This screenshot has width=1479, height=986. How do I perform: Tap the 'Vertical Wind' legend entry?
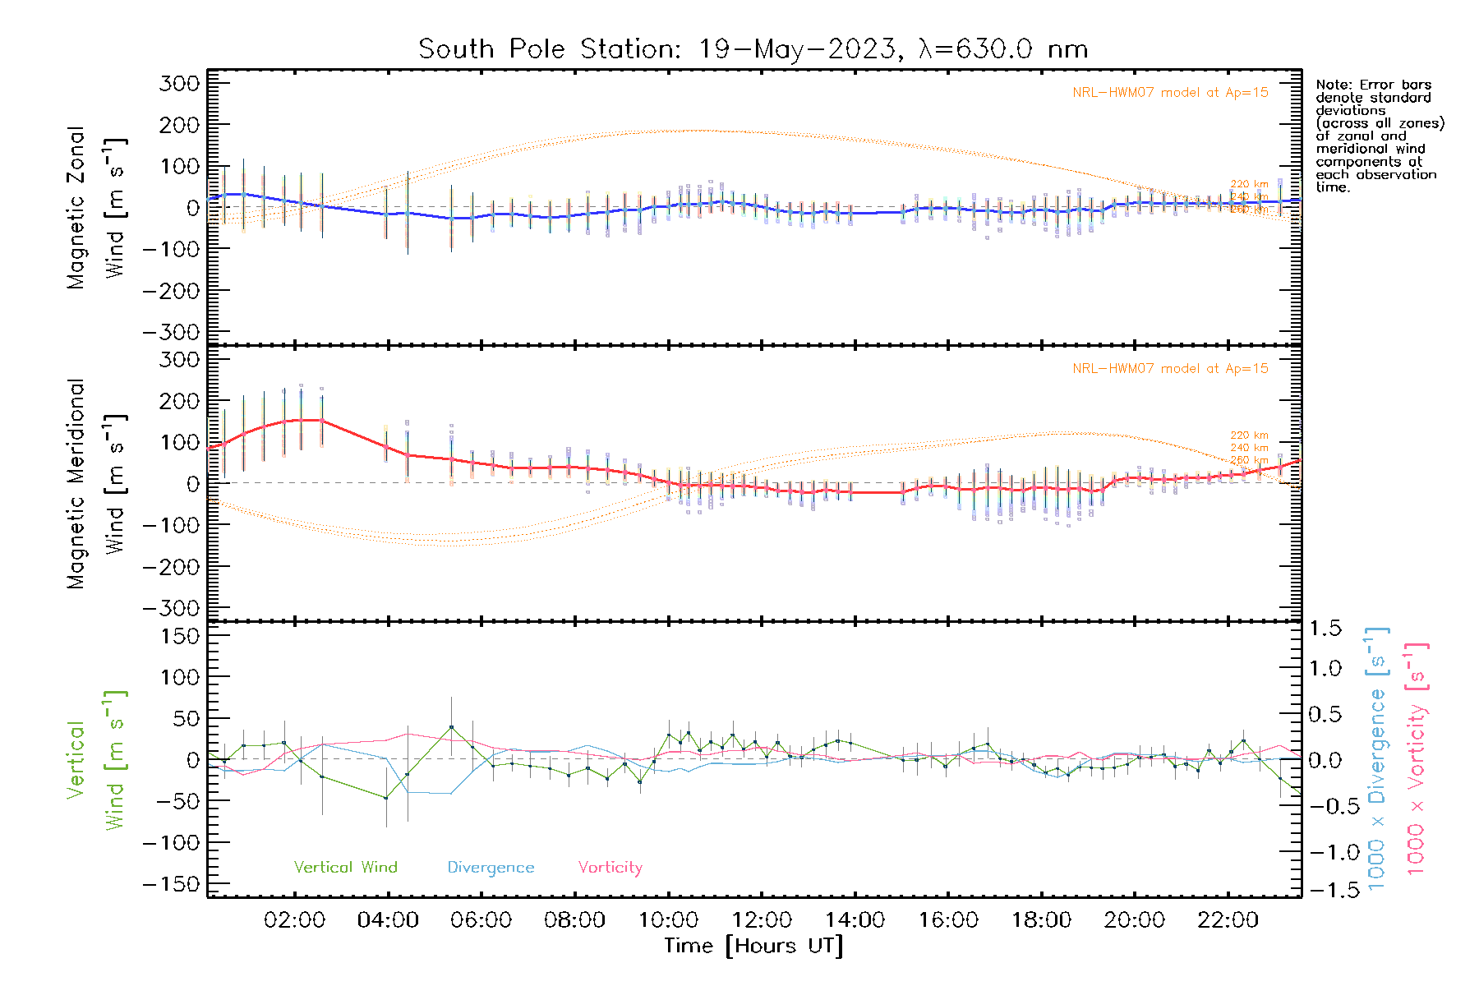pyautogui.click(x=345, y=867)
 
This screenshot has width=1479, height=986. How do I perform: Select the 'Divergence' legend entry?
pyautogui.click(x=491, y=867)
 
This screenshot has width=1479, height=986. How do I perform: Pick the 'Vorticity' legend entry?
pyautogui.click(x=610, y=867)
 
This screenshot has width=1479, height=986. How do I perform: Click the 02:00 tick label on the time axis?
pyautogui.click(x=294, y=920)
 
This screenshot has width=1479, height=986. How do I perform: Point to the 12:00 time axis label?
pyautogui.click(x=762, y=920)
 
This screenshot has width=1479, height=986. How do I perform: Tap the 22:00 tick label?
pyautogui.click(x=1228, y=920)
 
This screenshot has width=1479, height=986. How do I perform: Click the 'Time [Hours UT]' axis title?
pyautogui.click(x=753, y=946)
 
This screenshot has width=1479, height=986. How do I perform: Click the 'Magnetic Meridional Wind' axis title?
pyautogui.click(x=95, y=484)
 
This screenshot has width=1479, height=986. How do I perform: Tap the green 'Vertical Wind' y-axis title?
pyautogui.click(x=95, y=760)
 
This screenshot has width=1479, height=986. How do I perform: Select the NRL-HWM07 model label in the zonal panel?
pyautogui.click(x=1170, y=93)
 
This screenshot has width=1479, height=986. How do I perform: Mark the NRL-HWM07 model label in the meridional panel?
pyautogui.click(x=1170, y=369)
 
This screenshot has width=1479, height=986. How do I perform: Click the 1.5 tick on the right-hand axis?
pyautogui.click(x=1325, y=629)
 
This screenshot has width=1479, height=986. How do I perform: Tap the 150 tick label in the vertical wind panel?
pyautogui.click(x=180, y=636)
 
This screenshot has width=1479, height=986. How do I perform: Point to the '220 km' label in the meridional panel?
pyautogui.click(x=1249, y=435)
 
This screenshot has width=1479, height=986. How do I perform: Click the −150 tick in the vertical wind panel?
pyautogui.click(x=172, y=884)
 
